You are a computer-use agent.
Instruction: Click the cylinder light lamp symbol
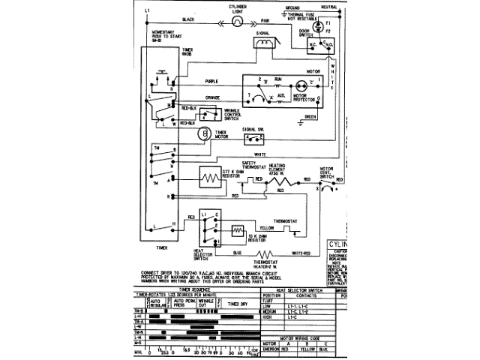pyautogui.click(x=236, y=22)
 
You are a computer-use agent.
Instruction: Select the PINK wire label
pyautogui.click(x=264, y=19)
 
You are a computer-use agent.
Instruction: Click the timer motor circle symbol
pyautogui.click(x=202, y=133)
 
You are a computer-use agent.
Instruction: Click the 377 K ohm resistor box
pyautogui.click(x=208, y=179)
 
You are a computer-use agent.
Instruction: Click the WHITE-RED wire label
pyautogui.click(x=301, y=253)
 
